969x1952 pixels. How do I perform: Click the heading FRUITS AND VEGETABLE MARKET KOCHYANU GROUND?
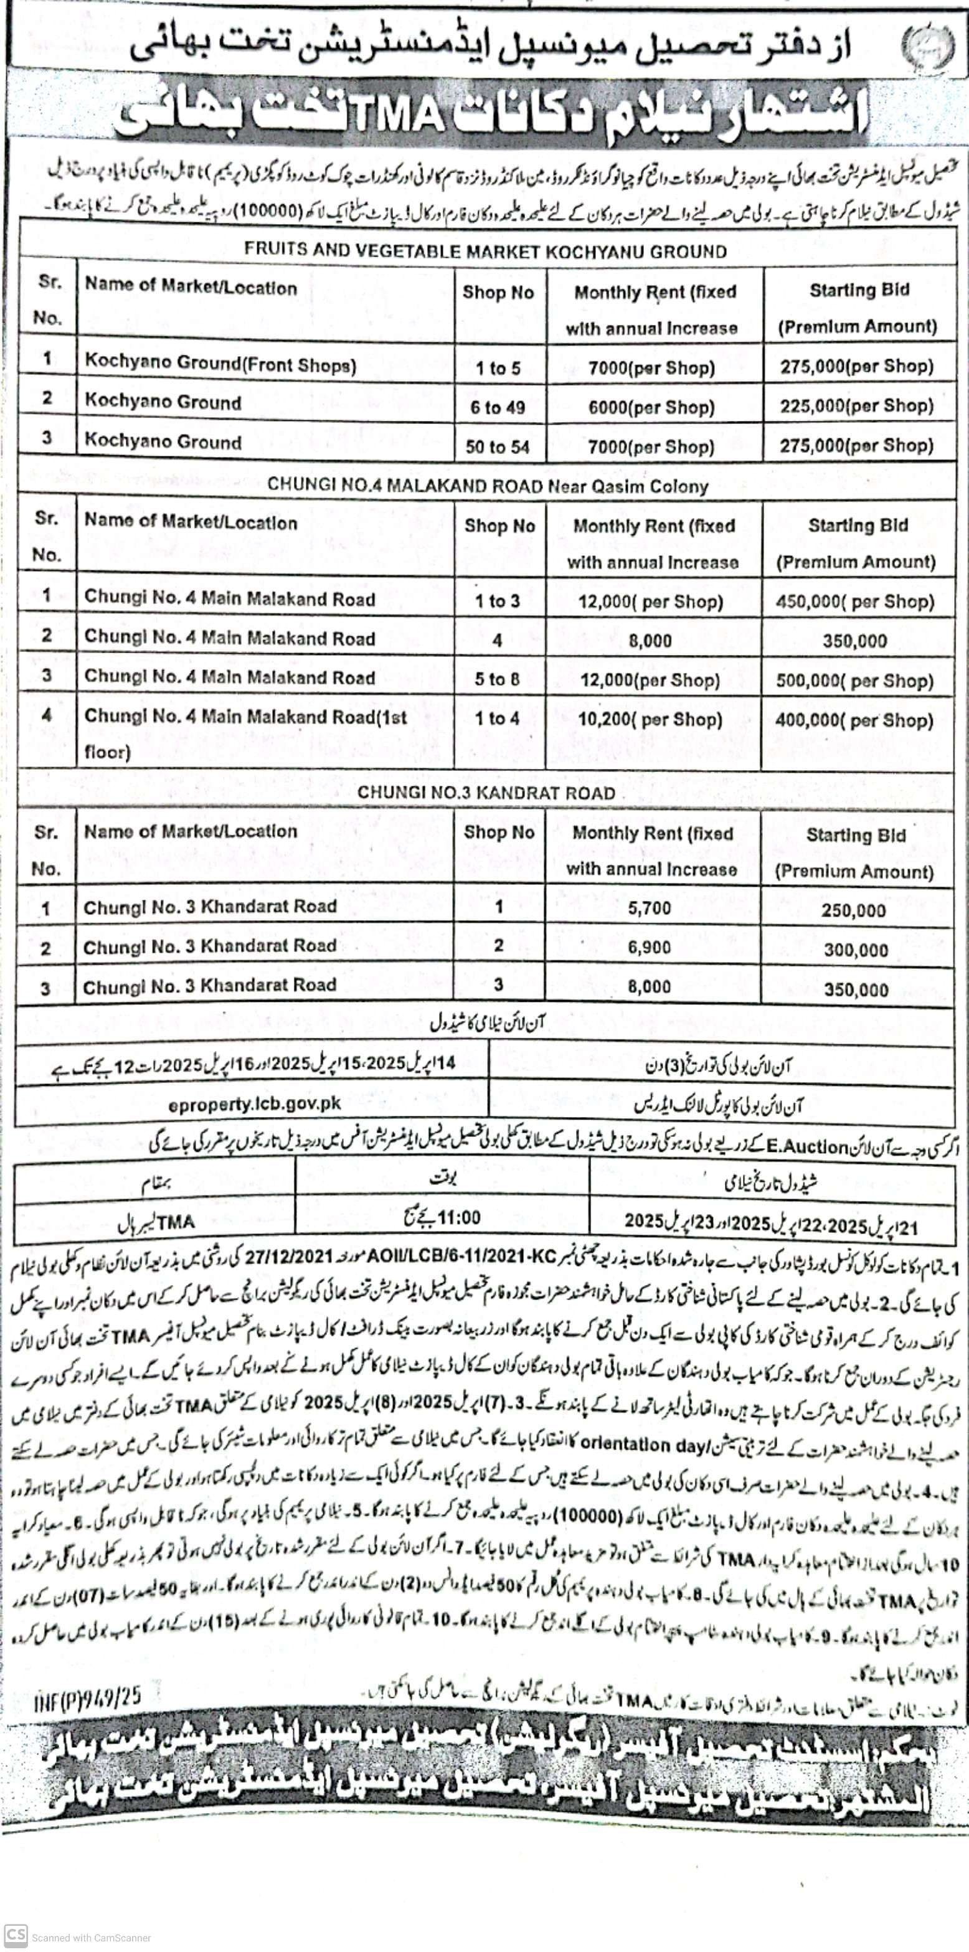[x=485, y=252]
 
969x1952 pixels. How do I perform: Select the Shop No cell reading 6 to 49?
[x=498, y=408]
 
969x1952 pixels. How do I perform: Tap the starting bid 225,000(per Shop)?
[x=857, y=406]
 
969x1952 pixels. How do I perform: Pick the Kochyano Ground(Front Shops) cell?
[x=220, y=364]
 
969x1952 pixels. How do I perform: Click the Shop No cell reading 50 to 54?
[x=498, y=447]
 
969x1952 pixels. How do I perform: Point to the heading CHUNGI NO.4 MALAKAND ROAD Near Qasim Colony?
[x=488, y=486]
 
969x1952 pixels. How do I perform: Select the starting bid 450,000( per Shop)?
[x=854, y=601]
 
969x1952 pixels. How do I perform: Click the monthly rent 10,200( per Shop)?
[x=650, y=719]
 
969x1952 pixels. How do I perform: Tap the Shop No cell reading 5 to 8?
[x=498, y=679]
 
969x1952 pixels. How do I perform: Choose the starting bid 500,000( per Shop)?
[x=854, y=681]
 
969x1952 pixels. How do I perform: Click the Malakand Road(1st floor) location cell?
[x=245, y=733]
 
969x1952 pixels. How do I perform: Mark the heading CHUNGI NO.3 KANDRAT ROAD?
[x=486, y=793]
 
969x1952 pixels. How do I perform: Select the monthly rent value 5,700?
[x=650, y=908]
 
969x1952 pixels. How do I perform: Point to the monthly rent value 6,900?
[x=650, y=947]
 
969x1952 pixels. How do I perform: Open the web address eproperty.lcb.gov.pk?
[x=255, y=1105]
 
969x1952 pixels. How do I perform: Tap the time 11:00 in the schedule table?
[x=458, y=1218]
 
